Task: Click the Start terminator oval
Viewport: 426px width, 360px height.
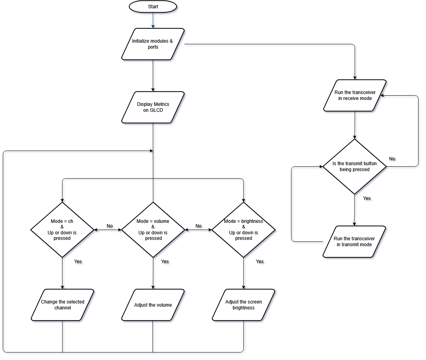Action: pos(153,7)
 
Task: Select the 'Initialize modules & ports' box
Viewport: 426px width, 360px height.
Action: pos(153,44)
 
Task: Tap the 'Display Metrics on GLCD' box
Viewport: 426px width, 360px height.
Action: pos(153,107)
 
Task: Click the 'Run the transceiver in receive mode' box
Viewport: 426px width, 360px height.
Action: pos(354,95)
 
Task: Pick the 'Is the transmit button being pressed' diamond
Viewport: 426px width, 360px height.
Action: pos(354,166)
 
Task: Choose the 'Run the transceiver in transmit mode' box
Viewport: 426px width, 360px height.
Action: pos(354,241)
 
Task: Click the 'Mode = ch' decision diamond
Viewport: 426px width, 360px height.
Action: pos(62,230)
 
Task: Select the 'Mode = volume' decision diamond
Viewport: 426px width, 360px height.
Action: pos(153,230)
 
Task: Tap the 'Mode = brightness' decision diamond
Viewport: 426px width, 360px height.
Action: pos(243,230)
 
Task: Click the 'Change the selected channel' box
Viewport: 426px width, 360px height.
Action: pos(62,305)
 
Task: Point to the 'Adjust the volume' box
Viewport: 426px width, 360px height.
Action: pos(153,305)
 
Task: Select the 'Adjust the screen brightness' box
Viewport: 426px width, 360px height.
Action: pos(243,305)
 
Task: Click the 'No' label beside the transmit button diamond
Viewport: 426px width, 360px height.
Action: pos(392,159)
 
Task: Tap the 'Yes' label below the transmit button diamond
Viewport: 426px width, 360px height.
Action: pos(367,198)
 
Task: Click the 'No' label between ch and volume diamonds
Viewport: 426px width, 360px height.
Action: pos(109,226)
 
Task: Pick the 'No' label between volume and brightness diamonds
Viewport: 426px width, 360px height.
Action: pos(198,226)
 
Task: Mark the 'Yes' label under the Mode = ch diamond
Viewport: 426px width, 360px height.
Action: pos(78,262)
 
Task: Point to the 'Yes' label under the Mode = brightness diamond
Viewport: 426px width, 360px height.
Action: pos(260,262)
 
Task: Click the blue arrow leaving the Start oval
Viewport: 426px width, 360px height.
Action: pos(153,20)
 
